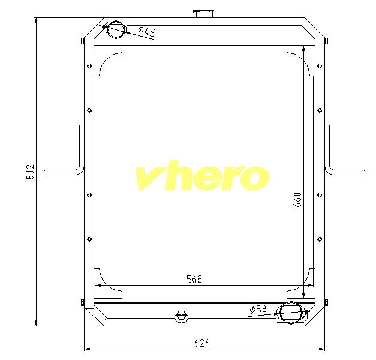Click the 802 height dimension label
(30, 172)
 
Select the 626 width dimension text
(202, 343)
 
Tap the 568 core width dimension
(194, 279)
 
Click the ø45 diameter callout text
(147, 31)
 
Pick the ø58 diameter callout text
(258, 309)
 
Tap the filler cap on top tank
(203, 13)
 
